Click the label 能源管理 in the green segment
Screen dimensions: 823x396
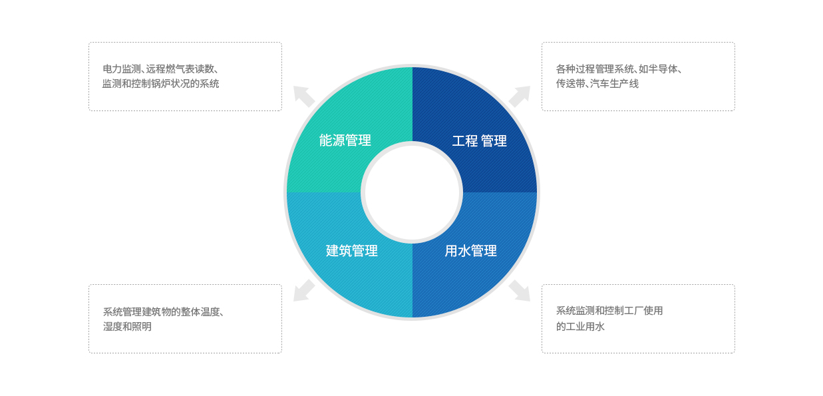(345, 140)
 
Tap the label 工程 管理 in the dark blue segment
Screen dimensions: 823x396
(479, 141)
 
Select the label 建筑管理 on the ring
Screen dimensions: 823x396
(351, 251)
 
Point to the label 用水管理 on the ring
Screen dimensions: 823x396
(470, 251)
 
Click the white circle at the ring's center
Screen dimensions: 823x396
(411, 192)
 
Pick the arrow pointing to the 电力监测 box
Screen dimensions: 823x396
(304, 97)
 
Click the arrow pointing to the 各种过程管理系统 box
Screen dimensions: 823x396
(520, 97)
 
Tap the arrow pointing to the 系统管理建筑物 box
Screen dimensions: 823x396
(304, 290)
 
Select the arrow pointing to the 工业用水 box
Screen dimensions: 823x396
(520, 290)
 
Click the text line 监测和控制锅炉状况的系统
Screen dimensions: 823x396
(160, 84)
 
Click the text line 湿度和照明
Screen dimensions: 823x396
(127, 327)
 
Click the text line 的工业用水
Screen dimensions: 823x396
(580, 327)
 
